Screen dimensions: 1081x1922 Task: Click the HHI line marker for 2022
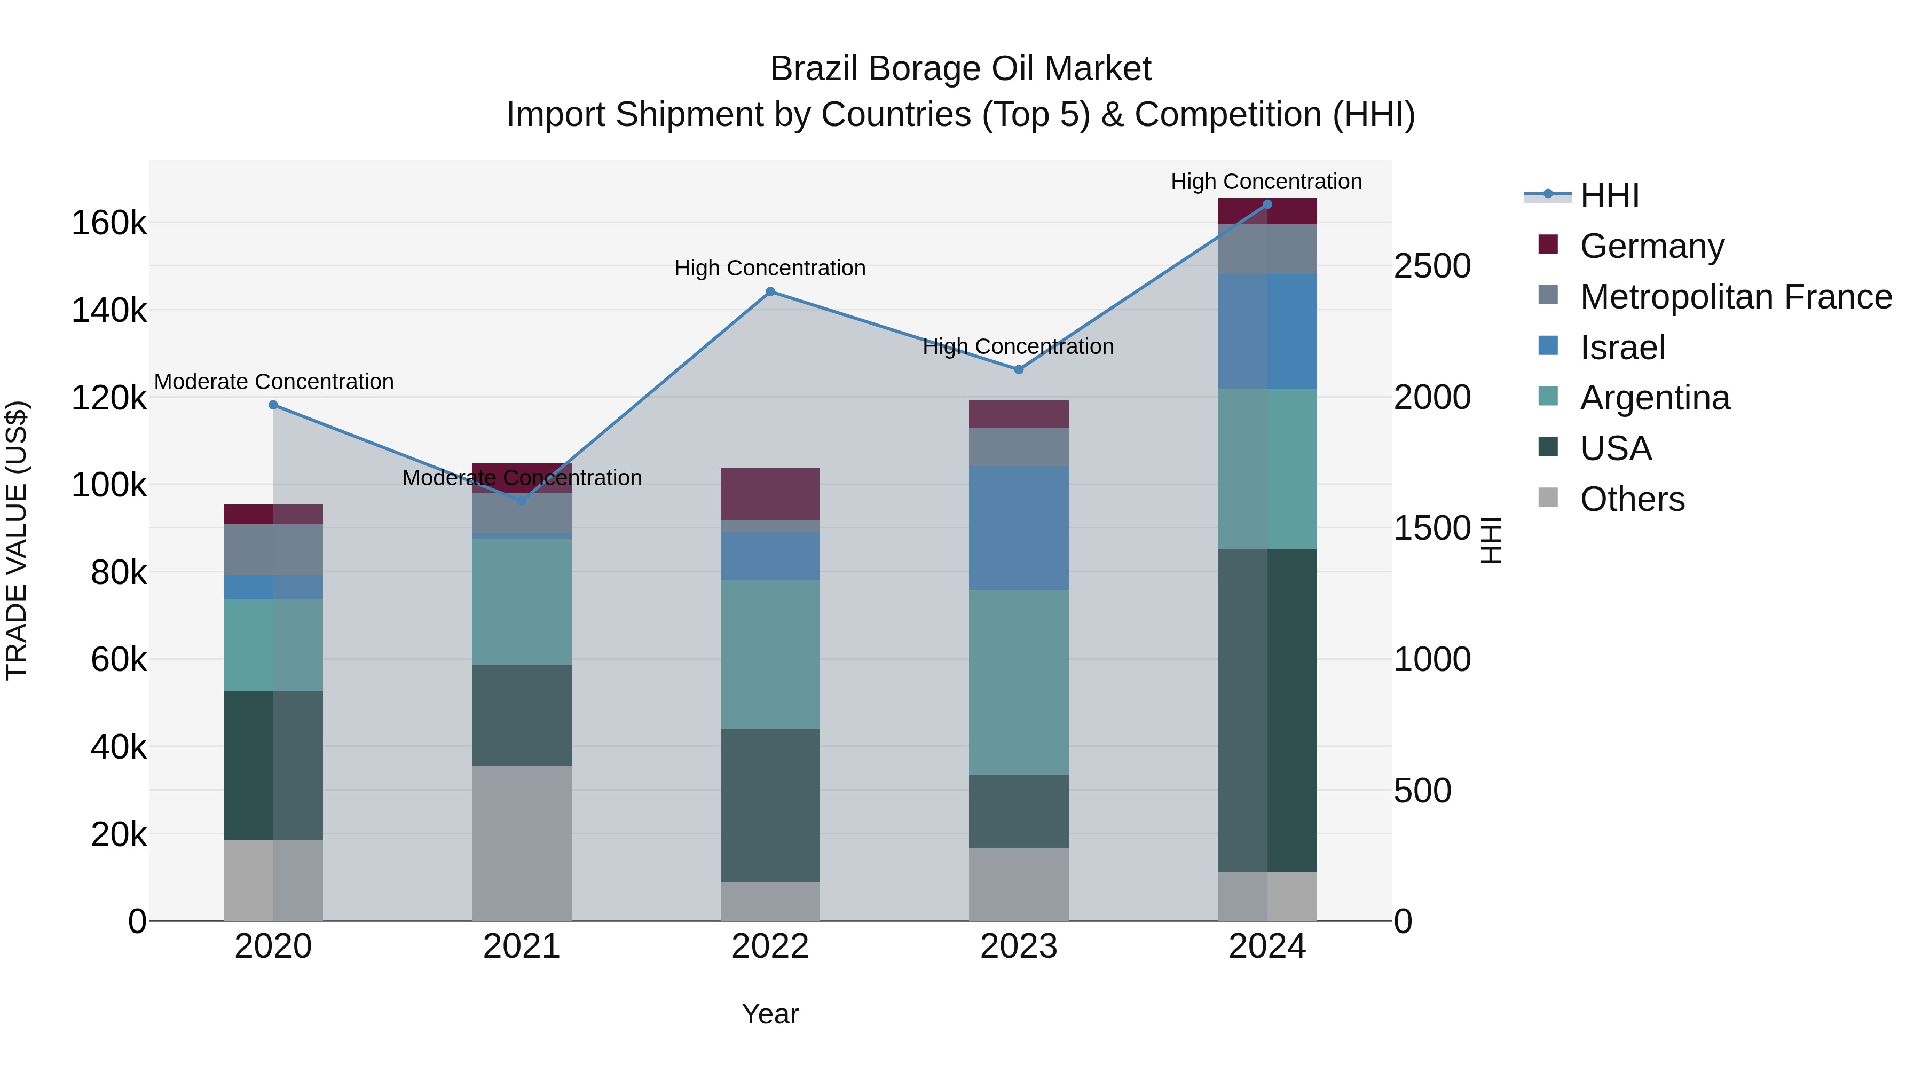[770, 291]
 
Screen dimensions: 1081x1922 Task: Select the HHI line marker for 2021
[522, 501]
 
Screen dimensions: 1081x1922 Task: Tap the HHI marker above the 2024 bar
[1267, 204]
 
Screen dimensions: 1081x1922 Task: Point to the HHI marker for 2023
[1019, 369]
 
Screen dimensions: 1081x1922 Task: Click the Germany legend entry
[1651, 246]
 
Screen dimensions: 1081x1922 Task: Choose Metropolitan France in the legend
[1736, 297]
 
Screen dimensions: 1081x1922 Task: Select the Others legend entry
[1632, 499]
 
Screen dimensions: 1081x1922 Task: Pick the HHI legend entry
[1609, 195]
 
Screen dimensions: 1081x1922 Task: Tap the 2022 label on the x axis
[770, 946]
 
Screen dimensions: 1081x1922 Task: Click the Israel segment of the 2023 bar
[1019, 528]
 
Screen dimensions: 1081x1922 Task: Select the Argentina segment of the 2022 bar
[770, 654]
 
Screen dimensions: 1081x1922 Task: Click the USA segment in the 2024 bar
[1267, 709]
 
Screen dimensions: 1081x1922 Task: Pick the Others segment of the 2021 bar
[522, 843]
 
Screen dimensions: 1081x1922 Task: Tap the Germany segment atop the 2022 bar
[770, 494]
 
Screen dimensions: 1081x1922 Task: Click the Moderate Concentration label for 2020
[274, 382]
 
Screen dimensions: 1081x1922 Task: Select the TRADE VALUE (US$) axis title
[17, 540]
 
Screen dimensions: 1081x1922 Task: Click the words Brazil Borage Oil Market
[960, 69]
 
